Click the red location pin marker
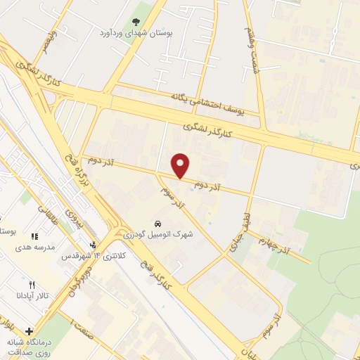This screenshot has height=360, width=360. click(x=181, y=165)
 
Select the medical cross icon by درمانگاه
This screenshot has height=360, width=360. click(x=29, y=330)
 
